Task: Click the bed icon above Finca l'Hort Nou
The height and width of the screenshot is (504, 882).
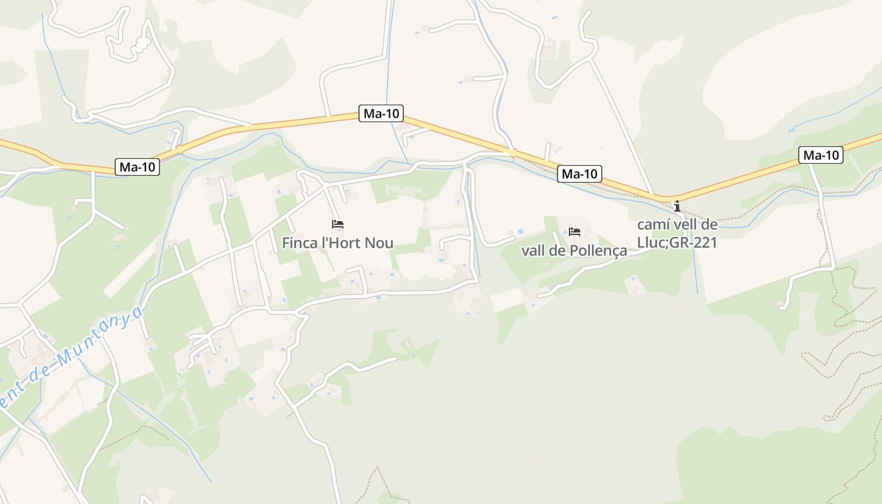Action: pos(338,224)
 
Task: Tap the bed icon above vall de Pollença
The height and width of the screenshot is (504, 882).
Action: pos(574,231)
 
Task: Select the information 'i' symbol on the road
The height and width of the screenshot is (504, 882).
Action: pos(677,206)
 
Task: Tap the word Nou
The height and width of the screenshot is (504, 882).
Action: pos(381,243)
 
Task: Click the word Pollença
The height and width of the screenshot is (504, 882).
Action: pos(598,251)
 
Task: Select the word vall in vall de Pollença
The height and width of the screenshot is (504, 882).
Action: pos(532,251)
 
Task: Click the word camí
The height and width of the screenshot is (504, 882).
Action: pos(652,225)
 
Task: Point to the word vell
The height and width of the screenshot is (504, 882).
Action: pos(683,225)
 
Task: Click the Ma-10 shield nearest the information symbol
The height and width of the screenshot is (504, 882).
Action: pos(580,174)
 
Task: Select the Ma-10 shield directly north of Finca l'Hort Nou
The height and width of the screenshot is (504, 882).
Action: pos(381,113)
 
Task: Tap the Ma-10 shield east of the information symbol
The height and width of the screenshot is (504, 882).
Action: pos(821,155)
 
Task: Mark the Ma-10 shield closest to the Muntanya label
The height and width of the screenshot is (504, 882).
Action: pos(137,167)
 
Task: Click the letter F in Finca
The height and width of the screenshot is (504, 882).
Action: pos(286,243)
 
